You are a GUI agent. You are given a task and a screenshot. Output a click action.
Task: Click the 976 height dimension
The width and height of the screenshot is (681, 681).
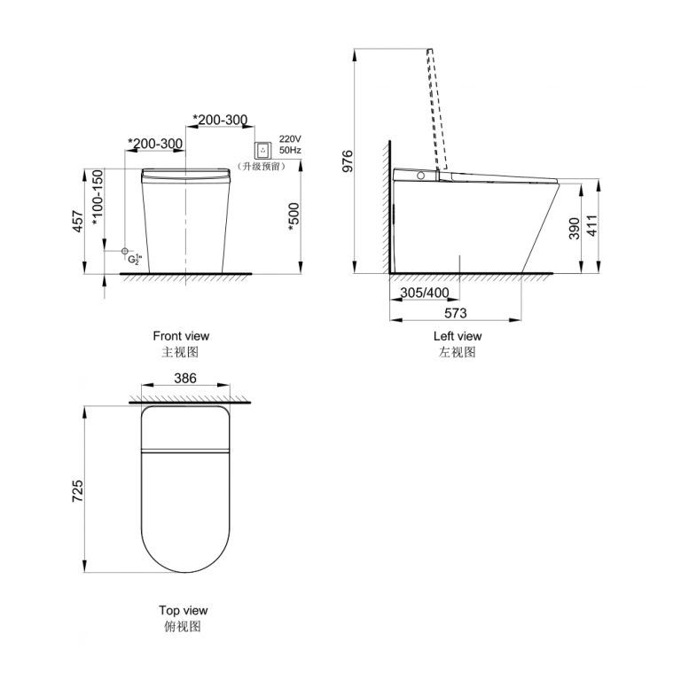click(x=348, y=161)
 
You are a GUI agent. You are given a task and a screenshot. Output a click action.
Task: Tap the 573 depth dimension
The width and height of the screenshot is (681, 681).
click(x=455, y=313)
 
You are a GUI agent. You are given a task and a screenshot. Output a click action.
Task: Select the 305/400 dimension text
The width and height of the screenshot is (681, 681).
click(x=425, y=293)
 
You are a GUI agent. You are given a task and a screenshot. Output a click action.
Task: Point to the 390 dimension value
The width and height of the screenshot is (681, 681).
click(x=575, y=229)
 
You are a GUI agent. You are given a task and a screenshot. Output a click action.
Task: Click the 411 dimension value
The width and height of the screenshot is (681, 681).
click(x=592, y=225)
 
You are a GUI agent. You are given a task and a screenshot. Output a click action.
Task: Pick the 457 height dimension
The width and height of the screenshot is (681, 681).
click(x=77, y=221)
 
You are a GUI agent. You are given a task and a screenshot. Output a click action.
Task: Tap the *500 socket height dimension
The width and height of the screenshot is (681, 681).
click(x=294, y=217)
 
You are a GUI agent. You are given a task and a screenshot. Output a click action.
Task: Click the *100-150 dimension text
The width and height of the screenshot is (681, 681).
click(x=98, y=198)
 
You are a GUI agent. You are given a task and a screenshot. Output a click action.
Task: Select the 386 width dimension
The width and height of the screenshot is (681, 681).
click(x=185, y=378)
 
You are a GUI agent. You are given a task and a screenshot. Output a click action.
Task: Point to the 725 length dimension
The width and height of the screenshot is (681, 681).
click(x=77, y=491)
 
